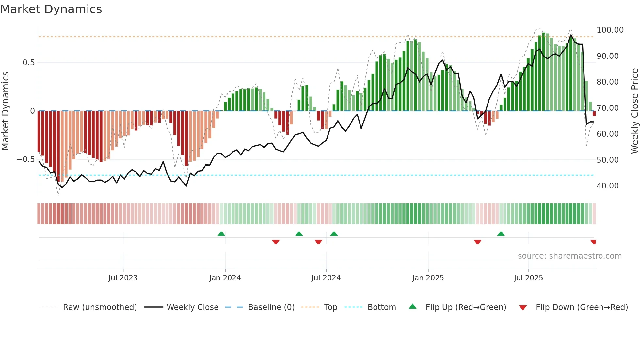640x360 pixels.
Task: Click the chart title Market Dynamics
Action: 51,9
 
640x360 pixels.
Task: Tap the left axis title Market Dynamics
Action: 5,111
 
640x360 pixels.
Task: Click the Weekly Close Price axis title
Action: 634,111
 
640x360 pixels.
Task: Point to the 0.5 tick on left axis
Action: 28,63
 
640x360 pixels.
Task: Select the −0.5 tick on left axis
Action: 26,159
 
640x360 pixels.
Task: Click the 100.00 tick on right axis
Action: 610,30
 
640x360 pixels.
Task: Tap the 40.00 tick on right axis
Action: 607,186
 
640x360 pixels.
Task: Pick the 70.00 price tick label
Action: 607,108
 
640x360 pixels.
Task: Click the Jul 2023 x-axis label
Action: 123,278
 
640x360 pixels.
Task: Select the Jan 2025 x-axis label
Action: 428,278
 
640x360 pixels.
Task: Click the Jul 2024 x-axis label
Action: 326,278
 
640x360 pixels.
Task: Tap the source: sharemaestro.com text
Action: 569,256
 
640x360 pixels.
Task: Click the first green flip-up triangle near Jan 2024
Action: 221,234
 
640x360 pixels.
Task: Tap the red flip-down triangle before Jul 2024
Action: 318,242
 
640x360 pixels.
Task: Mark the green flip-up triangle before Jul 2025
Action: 501,234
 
